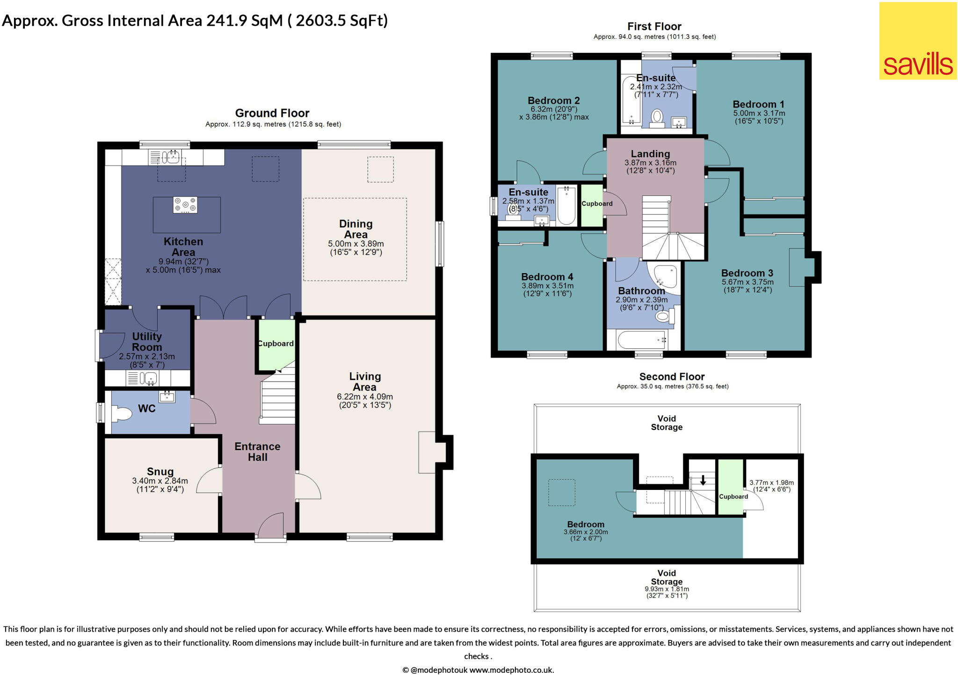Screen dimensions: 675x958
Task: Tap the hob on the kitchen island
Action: [185, 205]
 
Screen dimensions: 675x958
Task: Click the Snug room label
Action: [160, 472]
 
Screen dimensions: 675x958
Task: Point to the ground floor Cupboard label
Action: [276, 344]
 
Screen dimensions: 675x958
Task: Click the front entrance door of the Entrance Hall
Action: [271, 527]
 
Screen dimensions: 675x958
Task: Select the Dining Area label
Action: [356, 229]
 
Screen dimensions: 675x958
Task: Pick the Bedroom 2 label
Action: [553, 101]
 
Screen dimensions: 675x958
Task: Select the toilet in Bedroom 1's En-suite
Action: [657, 116]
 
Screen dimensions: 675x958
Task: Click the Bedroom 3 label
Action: [747, 273]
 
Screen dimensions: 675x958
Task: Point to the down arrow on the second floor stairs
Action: [703, 480]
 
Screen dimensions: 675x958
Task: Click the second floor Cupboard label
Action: [733, 496]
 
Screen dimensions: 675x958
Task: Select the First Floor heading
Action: [654, 27]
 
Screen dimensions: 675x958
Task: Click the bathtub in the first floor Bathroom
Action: [641, 340]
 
